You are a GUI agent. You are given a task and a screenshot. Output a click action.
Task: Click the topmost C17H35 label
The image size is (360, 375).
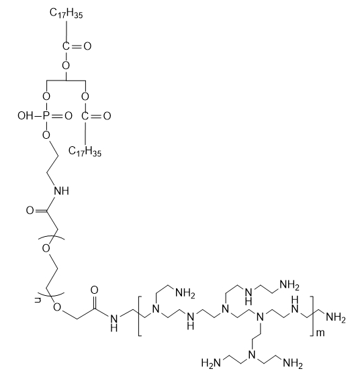click(x=66, y=13)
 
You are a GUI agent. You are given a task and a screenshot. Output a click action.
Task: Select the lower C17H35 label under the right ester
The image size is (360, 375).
click(x=85, y=152)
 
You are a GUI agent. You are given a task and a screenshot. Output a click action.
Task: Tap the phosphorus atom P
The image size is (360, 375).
click(x=46, y=116)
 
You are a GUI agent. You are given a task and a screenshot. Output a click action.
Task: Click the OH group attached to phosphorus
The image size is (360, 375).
click(x=25, y=116)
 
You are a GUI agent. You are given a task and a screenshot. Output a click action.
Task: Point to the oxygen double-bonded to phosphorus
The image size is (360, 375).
click(x=69, y=116)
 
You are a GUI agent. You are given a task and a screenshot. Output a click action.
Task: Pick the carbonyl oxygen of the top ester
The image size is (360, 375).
click(x=87, y=46)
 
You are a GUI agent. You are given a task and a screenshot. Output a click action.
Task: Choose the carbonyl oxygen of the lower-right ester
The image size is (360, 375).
click(x=107, y=116)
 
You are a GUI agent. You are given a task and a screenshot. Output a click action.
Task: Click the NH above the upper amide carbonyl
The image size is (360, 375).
click(x=62, y=191)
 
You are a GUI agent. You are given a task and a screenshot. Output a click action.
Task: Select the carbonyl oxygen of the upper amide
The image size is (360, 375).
click(x=30, y=211)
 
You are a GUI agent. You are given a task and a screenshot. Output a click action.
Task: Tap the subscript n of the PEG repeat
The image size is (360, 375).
click(x=38, y=300)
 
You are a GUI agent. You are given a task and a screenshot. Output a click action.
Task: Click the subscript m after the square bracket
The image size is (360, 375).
click(x=320, y=333)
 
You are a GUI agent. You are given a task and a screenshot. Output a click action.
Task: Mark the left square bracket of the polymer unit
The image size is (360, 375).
click(x=140, y=316)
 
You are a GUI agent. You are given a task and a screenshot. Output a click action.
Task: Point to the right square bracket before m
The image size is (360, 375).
click(x=312, y=316)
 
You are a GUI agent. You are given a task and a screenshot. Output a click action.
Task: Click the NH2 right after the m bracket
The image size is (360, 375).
click(x=336, y=318)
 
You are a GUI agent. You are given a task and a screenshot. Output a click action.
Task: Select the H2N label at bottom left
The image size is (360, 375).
click(x=211, y=363)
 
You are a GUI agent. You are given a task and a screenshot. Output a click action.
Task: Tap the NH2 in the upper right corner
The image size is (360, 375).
click(x=289, y=285)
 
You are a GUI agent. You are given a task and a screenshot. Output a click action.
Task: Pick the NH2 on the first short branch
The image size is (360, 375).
click(x=185, y=293)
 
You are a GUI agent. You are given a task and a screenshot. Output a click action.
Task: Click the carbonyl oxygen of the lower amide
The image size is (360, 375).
click(x=95, y=290)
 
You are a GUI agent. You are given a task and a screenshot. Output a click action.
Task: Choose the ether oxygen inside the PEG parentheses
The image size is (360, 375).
click(x=46, y=248)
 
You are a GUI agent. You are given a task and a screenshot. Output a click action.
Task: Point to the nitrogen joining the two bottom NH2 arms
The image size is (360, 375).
click(x=252, y=355)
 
